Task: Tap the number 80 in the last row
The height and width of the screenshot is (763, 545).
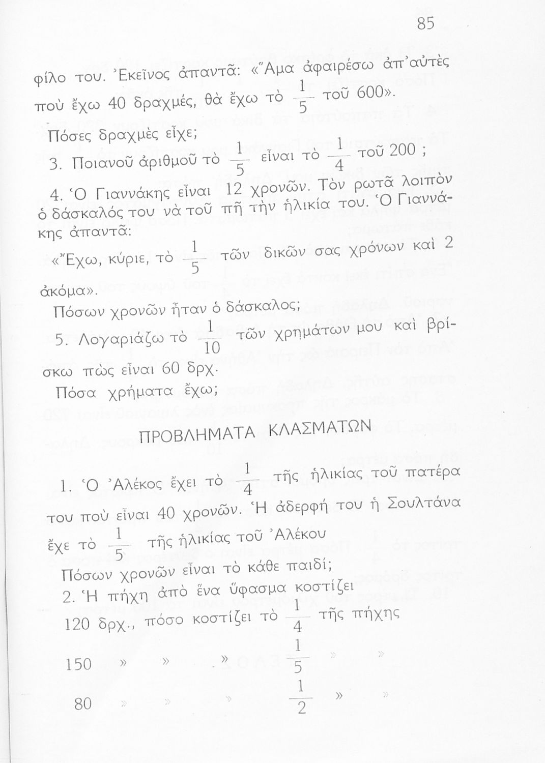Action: click(83, 704)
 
